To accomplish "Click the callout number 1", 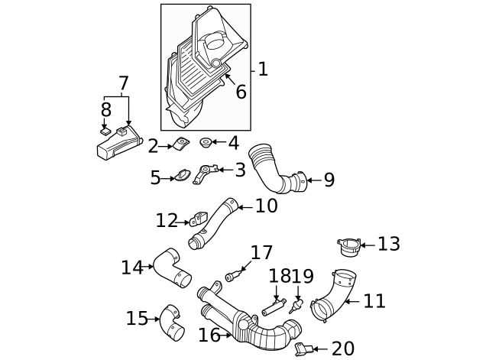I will (x=263, y=70).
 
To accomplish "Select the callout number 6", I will (x=241, y=92).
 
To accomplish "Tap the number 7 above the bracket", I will (x=124, y=83).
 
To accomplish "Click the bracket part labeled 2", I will (x=182, y=144).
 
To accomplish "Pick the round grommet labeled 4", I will (x=206, y=143).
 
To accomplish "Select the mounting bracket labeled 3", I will (x=205, y=174).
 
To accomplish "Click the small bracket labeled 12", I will (x=198, y=220).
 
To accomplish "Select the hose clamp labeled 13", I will (x=349, y=247).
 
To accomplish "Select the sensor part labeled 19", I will (x=293, y=306).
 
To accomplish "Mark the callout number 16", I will (x=209, y=336).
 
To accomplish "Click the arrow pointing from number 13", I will (x=368, y=245).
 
